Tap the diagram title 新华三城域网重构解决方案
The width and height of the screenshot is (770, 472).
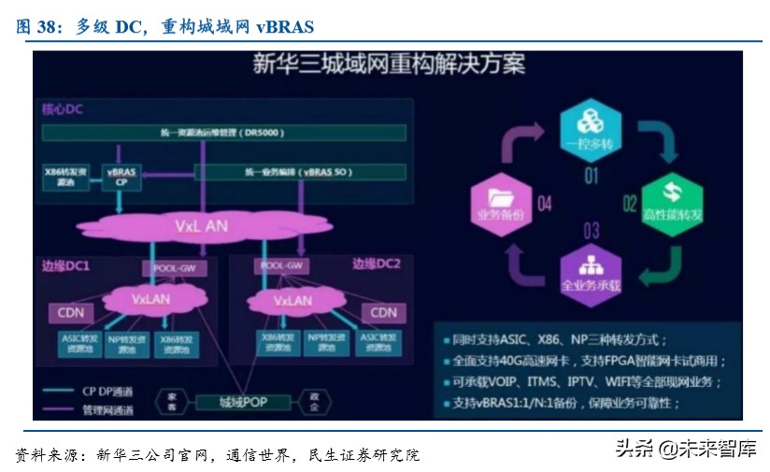tap(389, 64)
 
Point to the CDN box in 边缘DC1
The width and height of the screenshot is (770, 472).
tap(71, 312)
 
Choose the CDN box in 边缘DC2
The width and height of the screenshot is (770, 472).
tap(383, 312)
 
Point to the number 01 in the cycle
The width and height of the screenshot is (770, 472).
tap(591, 175)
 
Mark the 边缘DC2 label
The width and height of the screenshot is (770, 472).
tap(377, 265)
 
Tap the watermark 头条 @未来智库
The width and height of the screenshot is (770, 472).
tap(685, 449)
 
